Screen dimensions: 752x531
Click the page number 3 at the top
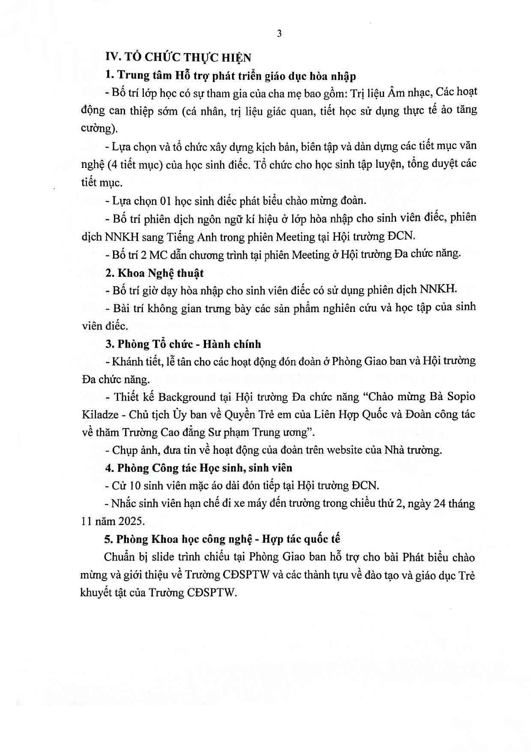click(x=280, y=34)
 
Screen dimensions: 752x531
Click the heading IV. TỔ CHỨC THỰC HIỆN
click(x=178, y=57)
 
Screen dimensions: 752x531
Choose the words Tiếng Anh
click(x=199, y=236)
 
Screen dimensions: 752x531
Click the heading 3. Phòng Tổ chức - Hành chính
click(x=183, y=344)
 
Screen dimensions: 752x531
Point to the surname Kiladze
click(x=98, y=415)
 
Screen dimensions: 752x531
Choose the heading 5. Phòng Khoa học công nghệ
click(x=223, y=539)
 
